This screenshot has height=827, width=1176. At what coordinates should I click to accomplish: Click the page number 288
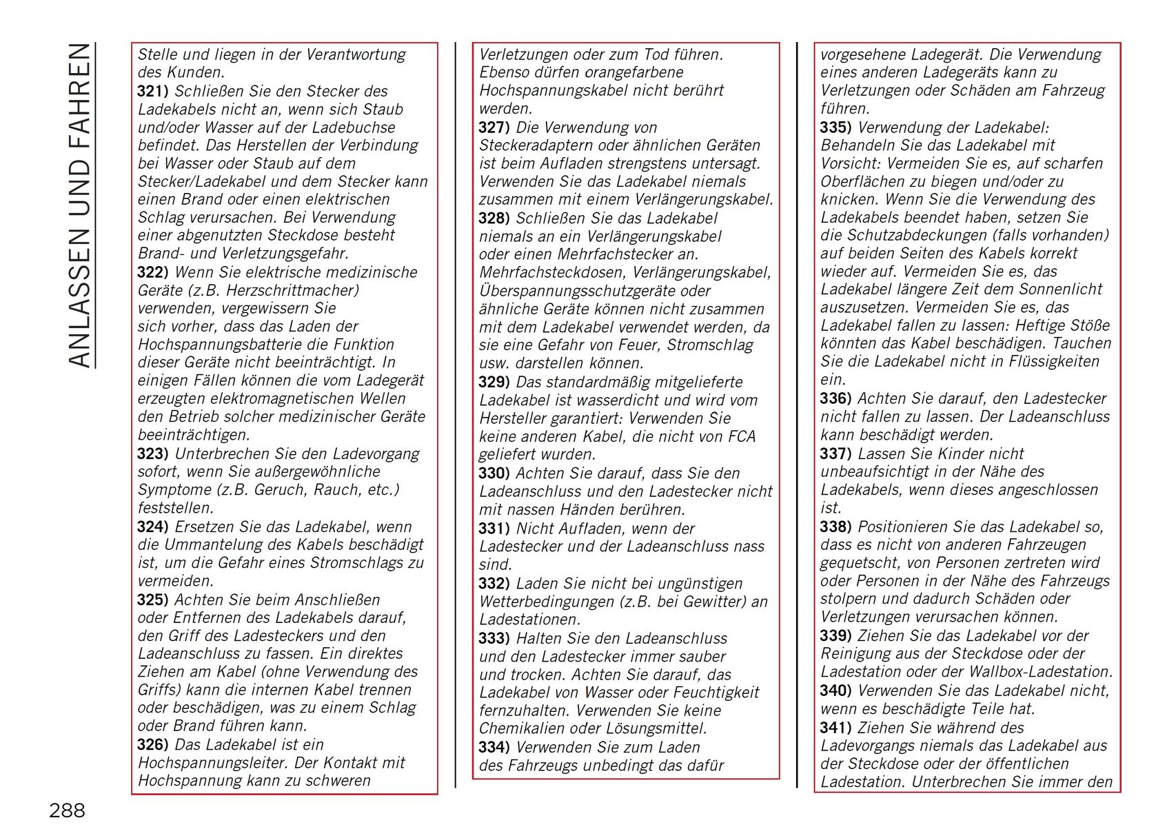pyautogui.click(x=67, y=810)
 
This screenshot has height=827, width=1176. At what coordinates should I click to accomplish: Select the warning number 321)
pyautogui.click(x=152, y=92)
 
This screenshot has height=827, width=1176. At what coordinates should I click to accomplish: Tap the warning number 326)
pyautogui.click(x=152, y=745)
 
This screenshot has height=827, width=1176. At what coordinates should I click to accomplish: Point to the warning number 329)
pyautogui.click(x=494, y=382)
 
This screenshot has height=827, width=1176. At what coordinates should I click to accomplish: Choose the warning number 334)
pyautogui.click(x=494, y=748)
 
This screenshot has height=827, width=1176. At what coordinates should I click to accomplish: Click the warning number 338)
pyautogui.click(x=835, y=527)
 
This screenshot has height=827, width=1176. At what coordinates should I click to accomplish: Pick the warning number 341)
pyautogui.click(x=835, y=728)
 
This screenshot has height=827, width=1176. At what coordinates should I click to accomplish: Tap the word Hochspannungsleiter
pyautogui.click(x=214, y=763)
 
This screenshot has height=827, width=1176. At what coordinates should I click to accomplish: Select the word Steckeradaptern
pyautogui.click(x=531, y=145)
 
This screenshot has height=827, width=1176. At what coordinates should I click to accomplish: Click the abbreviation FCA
pyautogui.click(x=742, y=437)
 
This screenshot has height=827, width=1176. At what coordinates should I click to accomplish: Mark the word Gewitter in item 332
pyautogui.click(x=717, y=602)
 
